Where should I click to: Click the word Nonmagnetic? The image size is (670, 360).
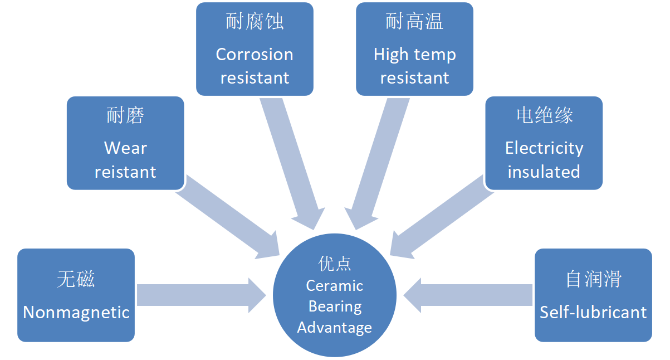click(x=76, y=312)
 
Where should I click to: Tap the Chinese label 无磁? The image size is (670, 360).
click(x=76, y=279)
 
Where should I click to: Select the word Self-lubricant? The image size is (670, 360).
click(x=593, y=312)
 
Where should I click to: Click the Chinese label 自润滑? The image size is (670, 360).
click(x=593, y=279)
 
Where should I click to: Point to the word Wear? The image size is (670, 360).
click(x=125, y=148)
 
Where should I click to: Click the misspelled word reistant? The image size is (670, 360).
click(x=125, y=172)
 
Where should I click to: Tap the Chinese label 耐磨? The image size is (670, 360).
click(x=125, y=115)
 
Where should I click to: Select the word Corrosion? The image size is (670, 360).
click(x=255, y=55)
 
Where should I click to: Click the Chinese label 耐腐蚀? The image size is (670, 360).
click(x=255, y=22)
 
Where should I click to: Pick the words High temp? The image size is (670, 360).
click(x=414, y=55)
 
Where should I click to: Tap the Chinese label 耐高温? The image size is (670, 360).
click(x=414, y=22)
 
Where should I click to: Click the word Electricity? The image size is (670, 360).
click(x=544, y=148)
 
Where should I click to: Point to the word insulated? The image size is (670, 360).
click(x=544, y=172)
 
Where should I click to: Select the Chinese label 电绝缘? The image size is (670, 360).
click(x=544, y=115)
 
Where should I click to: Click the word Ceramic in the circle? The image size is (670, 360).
click(x=335, y=286)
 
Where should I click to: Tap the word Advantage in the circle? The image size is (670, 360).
click(x=335, y=327)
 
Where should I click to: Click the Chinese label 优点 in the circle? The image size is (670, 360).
click(x=335, y=263)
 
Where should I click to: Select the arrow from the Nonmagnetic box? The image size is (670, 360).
click(x=200, y=295)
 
